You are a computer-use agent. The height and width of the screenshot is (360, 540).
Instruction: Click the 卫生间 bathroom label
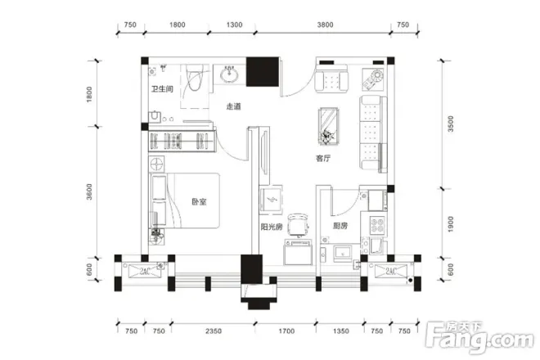pyautogui.click(x=162, y=89)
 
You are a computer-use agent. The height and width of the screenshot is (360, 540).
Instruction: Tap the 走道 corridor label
pyautogui.click(x=233, y=106)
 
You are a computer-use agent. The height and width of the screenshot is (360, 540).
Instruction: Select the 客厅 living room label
pyautogui.click(x=323, y=159)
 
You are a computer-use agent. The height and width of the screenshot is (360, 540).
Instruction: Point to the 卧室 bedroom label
pyautogui.click(x=199, y=201)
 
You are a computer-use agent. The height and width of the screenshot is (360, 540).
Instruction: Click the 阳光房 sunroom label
pyautogui.click(x=272, y=227)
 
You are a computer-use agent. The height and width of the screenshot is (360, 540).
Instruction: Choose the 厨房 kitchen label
pyautogui.click(x=340, y=226)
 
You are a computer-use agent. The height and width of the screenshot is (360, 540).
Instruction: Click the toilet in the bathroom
pyautogui.click(x=194, y=77)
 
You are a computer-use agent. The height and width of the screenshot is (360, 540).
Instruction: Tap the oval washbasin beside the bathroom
pyautogui.click(x=229, y=74)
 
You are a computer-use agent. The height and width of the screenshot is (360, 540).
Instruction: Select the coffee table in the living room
pyautogui.click(x=329, y=126)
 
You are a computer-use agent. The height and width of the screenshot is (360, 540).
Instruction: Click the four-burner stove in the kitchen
pyautogui.click(x=376, y=225)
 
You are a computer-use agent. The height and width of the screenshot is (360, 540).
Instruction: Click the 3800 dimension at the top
pyautogui.click(x=325, y=25)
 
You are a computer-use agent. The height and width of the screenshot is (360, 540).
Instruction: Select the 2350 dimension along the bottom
pyautogui.click(x=214, y=331)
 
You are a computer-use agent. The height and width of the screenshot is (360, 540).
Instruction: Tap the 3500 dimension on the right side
pyautogui.click(x=451, y=124)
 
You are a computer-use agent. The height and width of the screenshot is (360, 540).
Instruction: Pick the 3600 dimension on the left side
pyautogui.click(x=89, y=192)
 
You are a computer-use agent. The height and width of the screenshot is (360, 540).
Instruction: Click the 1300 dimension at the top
pyautogui.click(x=234, y=25)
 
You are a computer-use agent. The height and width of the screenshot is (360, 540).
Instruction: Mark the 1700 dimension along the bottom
pyautogui.click(x=286, y=331)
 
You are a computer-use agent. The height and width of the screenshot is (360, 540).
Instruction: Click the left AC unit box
pyautogui.click(x=145, y=271)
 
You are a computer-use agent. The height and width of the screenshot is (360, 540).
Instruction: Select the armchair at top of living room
pyautogui.click(x=331, y=81)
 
